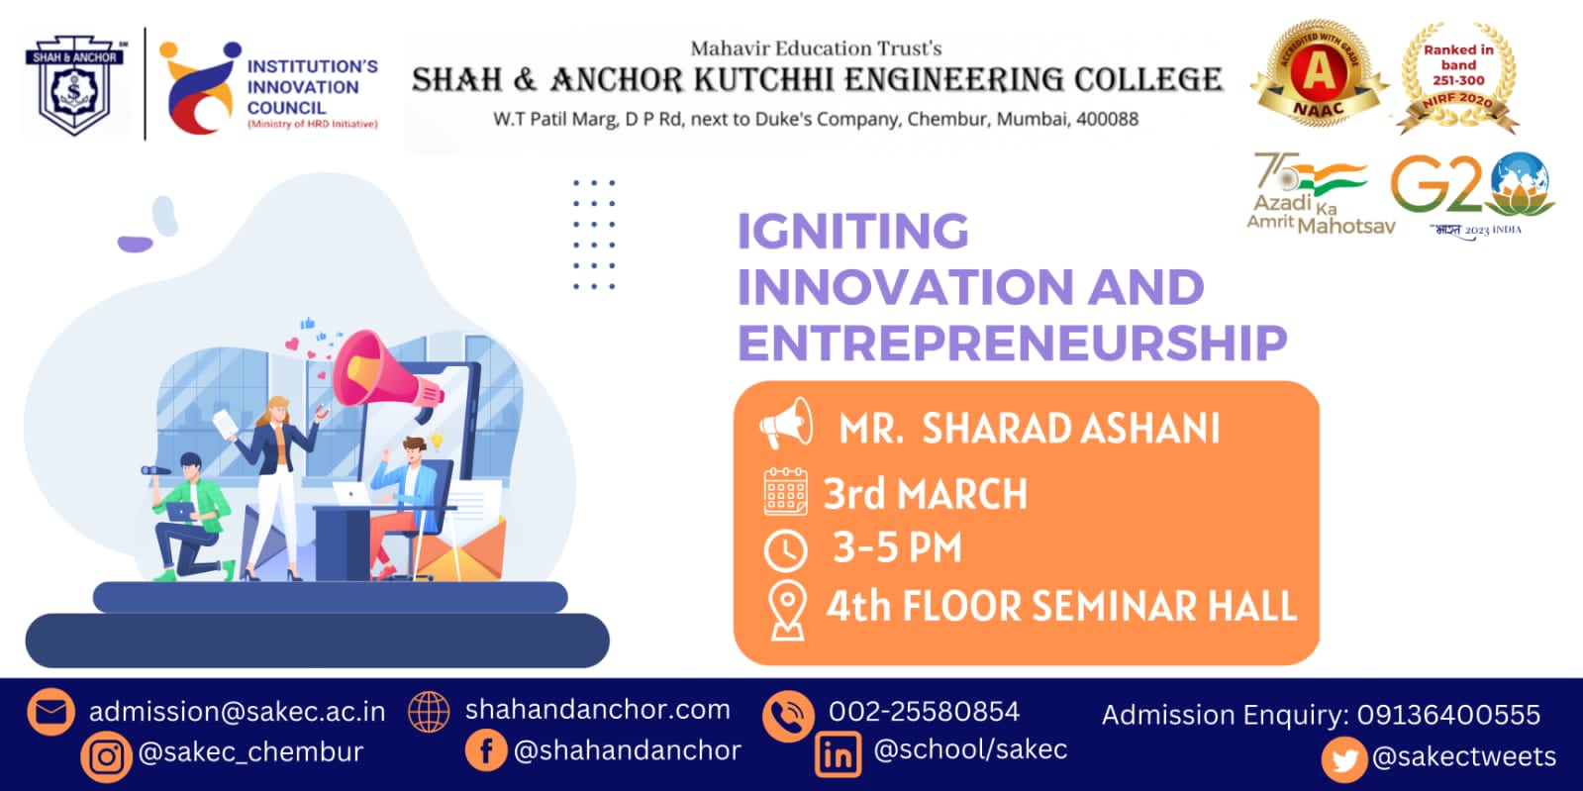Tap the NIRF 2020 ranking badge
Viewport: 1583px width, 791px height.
click(x=1458, y=78)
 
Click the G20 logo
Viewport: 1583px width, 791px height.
click(x=1472, y=188)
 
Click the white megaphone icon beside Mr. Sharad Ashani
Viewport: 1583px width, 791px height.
click(x=786, y=425)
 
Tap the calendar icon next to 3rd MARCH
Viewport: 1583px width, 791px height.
click(x=786, y=492)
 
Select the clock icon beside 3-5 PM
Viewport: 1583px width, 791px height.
click(x=786, y=549)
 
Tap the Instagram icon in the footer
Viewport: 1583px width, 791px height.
click(x=107, y=756)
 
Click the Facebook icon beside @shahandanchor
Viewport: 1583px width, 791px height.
click(x=486, y=750)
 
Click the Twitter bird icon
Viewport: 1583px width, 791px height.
click(x=1343, y=759)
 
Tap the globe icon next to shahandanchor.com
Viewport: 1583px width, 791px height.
click(x=429, y=711)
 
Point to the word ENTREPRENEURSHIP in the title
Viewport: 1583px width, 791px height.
click(x=1012, y=343)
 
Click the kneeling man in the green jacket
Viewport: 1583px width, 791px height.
click(x=188, y=520)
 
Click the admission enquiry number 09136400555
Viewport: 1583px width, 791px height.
click(x=1448, y=715)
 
